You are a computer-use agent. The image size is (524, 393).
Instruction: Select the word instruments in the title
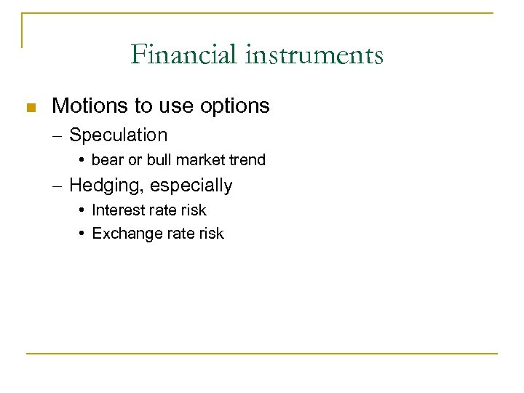[x=313, y=55]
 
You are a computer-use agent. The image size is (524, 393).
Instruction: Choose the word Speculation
[x=119, y=135]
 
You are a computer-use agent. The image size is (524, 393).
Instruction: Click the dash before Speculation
[x=58, y=135]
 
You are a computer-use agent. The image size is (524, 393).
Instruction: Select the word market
[x=199, y=160]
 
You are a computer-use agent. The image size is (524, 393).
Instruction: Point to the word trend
[x=246, y=160]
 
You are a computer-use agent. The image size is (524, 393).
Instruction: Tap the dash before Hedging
[x=58, y=186]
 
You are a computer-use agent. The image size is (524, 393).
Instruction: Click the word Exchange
[x=122, y=234]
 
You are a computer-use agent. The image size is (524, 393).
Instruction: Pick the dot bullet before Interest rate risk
[x=84, y=210]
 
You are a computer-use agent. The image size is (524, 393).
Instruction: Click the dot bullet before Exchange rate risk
[x=84, y=234]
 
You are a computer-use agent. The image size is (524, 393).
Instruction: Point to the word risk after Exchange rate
[x=210, y=234]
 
